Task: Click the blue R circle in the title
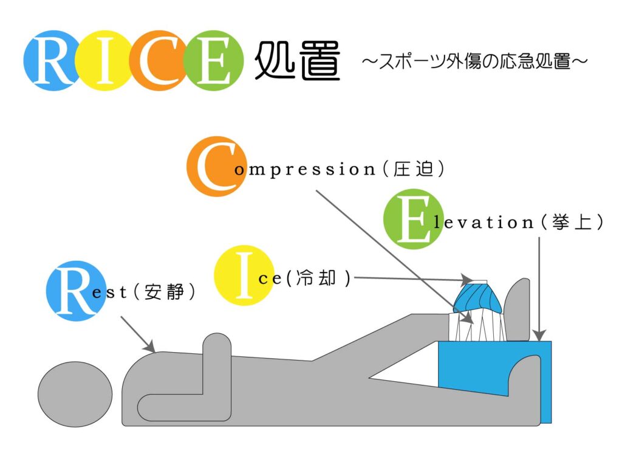[52, 61]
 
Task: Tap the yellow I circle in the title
[103, 61]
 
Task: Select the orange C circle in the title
[157, 61]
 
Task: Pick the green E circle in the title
[210, 61]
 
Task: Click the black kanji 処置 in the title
[296, 61]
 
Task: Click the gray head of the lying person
[75, 390]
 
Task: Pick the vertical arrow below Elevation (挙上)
[539, 286]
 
